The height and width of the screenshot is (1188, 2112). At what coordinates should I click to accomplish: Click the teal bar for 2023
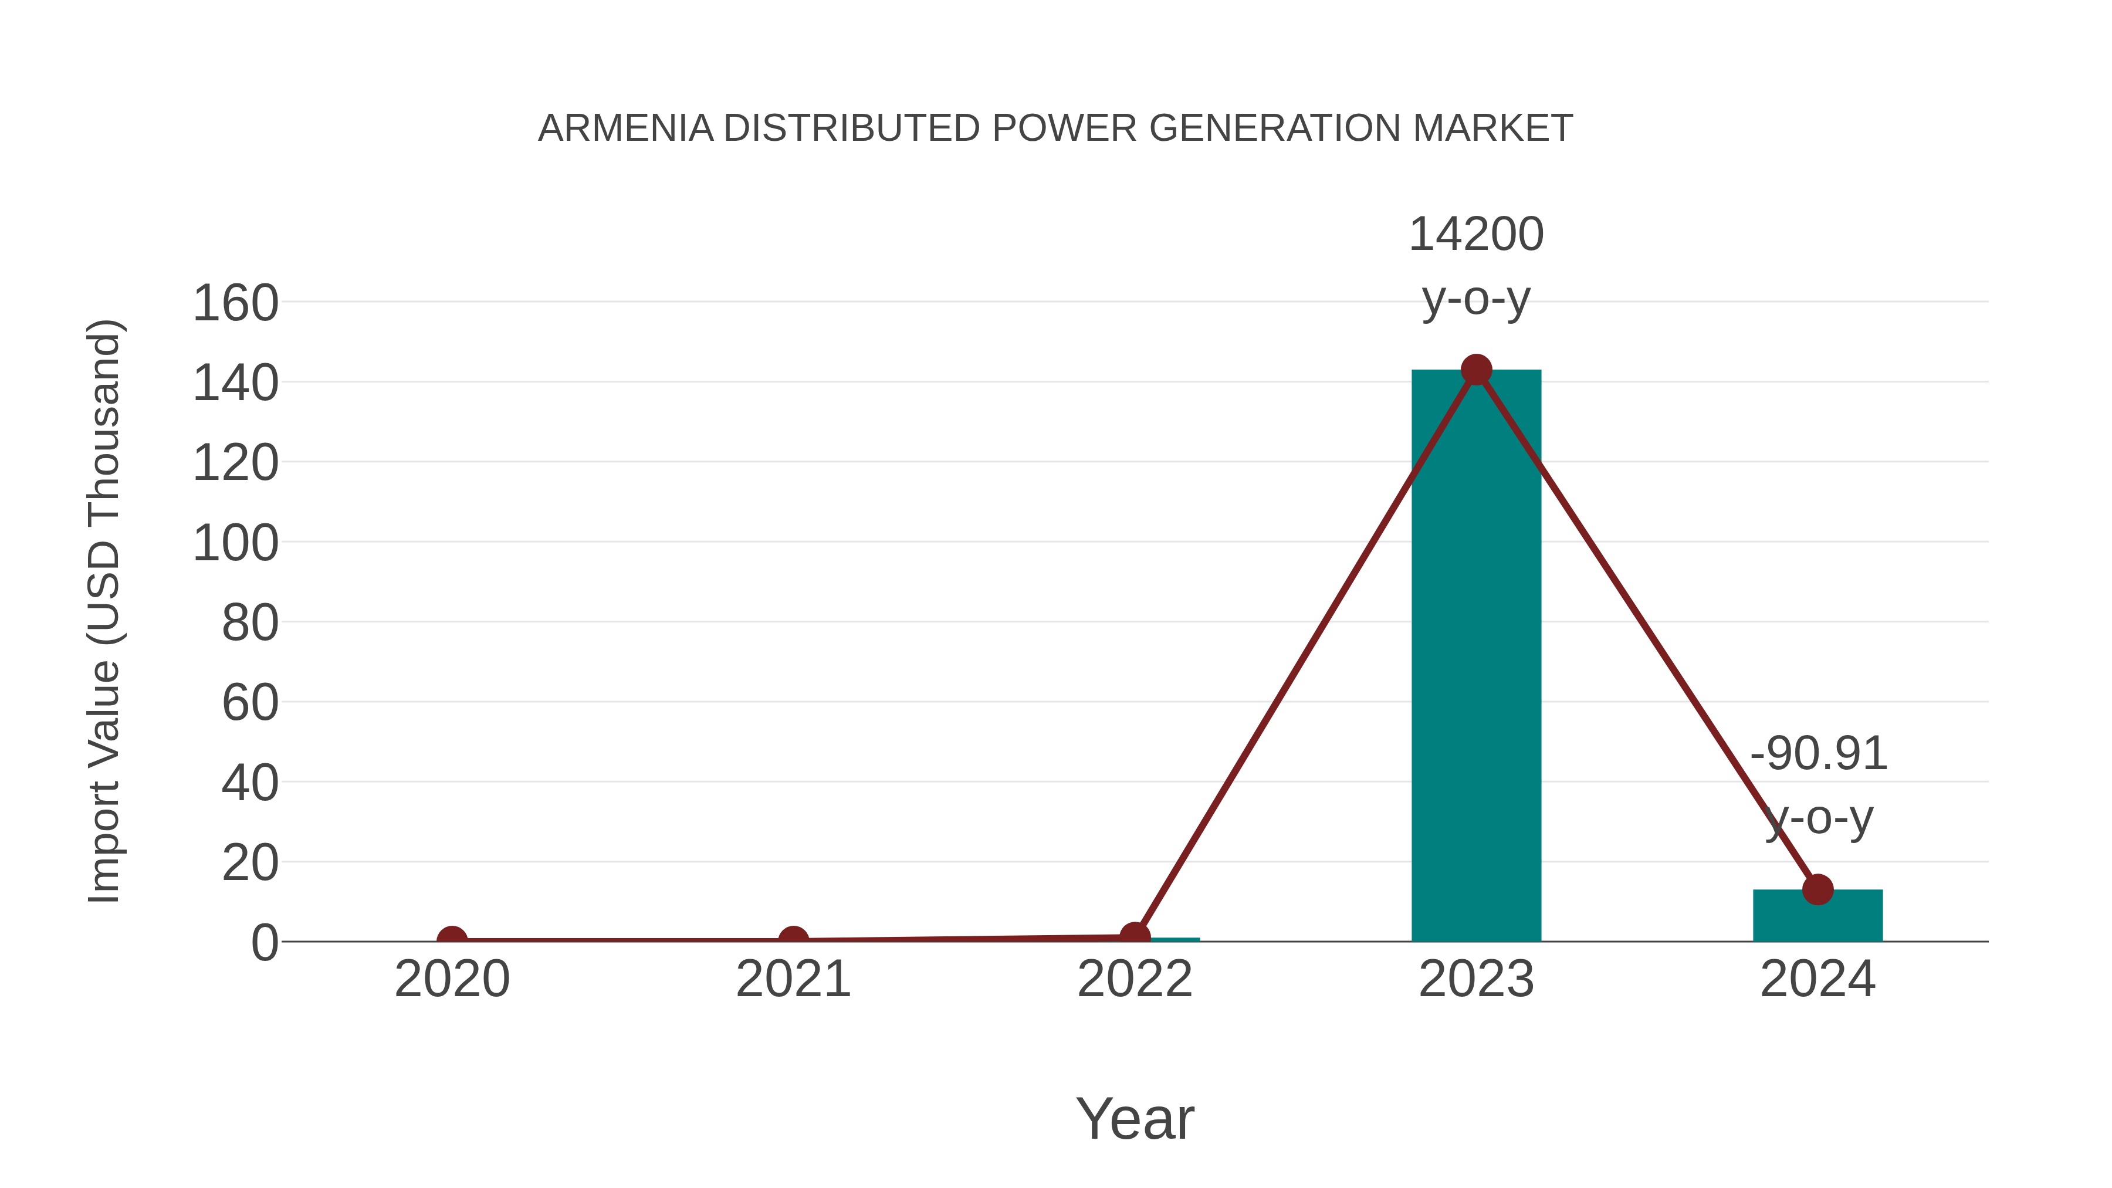pos(1476,656)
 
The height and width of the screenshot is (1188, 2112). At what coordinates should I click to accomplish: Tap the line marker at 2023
pos(1476,370)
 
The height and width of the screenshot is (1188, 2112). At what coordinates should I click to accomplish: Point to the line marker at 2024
pos(1817,889)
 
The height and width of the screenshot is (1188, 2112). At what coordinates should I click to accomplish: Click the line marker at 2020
pos(452,940)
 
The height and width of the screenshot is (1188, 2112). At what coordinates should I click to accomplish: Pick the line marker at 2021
pos(793,940)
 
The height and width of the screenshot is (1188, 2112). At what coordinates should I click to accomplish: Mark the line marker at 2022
pos(1135,936)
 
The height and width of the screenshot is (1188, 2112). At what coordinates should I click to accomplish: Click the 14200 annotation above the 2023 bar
pos(1476,235)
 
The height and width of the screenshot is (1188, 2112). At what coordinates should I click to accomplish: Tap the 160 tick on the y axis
pos(235,303)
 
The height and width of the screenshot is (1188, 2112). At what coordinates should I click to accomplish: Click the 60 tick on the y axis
pos(250,703)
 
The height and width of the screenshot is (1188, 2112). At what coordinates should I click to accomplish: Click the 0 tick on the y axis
pos(265,942)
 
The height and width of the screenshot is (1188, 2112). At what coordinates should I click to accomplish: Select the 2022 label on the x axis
pos(1135,979)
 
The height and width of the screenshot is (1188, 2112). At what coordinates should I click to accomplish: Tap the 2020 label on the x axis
pos(452,979)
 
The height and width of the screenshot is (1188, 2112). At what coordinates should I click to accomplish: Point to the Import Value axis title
pos(105,611)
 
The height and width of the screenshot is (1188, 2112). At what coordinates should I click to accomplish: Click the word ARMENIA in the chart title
pos(625,128)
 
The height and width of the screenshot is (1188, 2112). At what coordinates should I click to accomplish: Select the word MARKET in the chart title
pos(1492,128)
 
